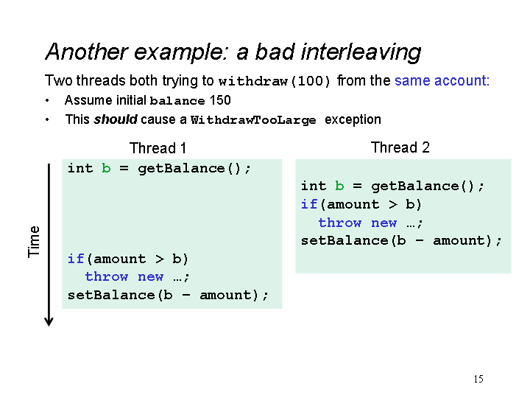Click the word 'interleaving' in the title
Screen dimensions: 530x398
[361, 52]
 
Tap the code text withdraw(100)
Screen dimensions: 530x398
[274, 81]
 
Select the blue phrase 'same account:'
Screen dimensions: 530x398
[442, 80]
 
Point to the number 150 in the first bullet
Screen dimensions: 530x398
[220, 100]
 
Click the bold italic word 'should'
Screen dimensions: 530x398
[116, 119]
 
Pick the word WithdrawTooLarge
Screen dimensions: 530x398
[253, 120]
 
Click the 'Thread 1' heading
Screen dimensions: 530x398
[158, 148]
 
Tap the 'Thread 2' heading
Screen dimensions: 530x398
[400, 147]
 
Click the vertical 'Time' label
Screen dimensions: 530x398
[34, 242]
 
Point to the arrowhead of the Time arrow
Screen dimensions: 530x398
[49, 324]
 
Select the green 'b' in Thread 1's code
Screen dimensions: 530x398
[106, 168]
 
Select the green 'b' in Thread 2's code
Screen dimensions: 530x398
[339, 186]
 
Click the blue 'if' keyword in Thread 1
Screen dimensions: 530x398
[76, 259]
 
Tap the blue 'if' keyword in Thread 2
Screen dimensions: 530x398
[309, 204]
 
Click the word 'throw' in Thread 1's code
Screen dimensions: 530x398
[107, 276]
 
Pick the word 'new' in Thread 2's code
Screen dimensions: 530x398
[384, 223]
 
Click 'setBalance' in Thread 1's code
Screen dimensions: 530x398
[111, 295]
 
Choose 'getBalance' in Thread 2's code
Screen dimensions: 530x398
[414, 186]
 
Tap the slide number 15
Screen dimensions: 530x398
[478, 379]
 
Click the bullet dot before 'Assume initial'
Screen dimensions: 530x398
[47, 100]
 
